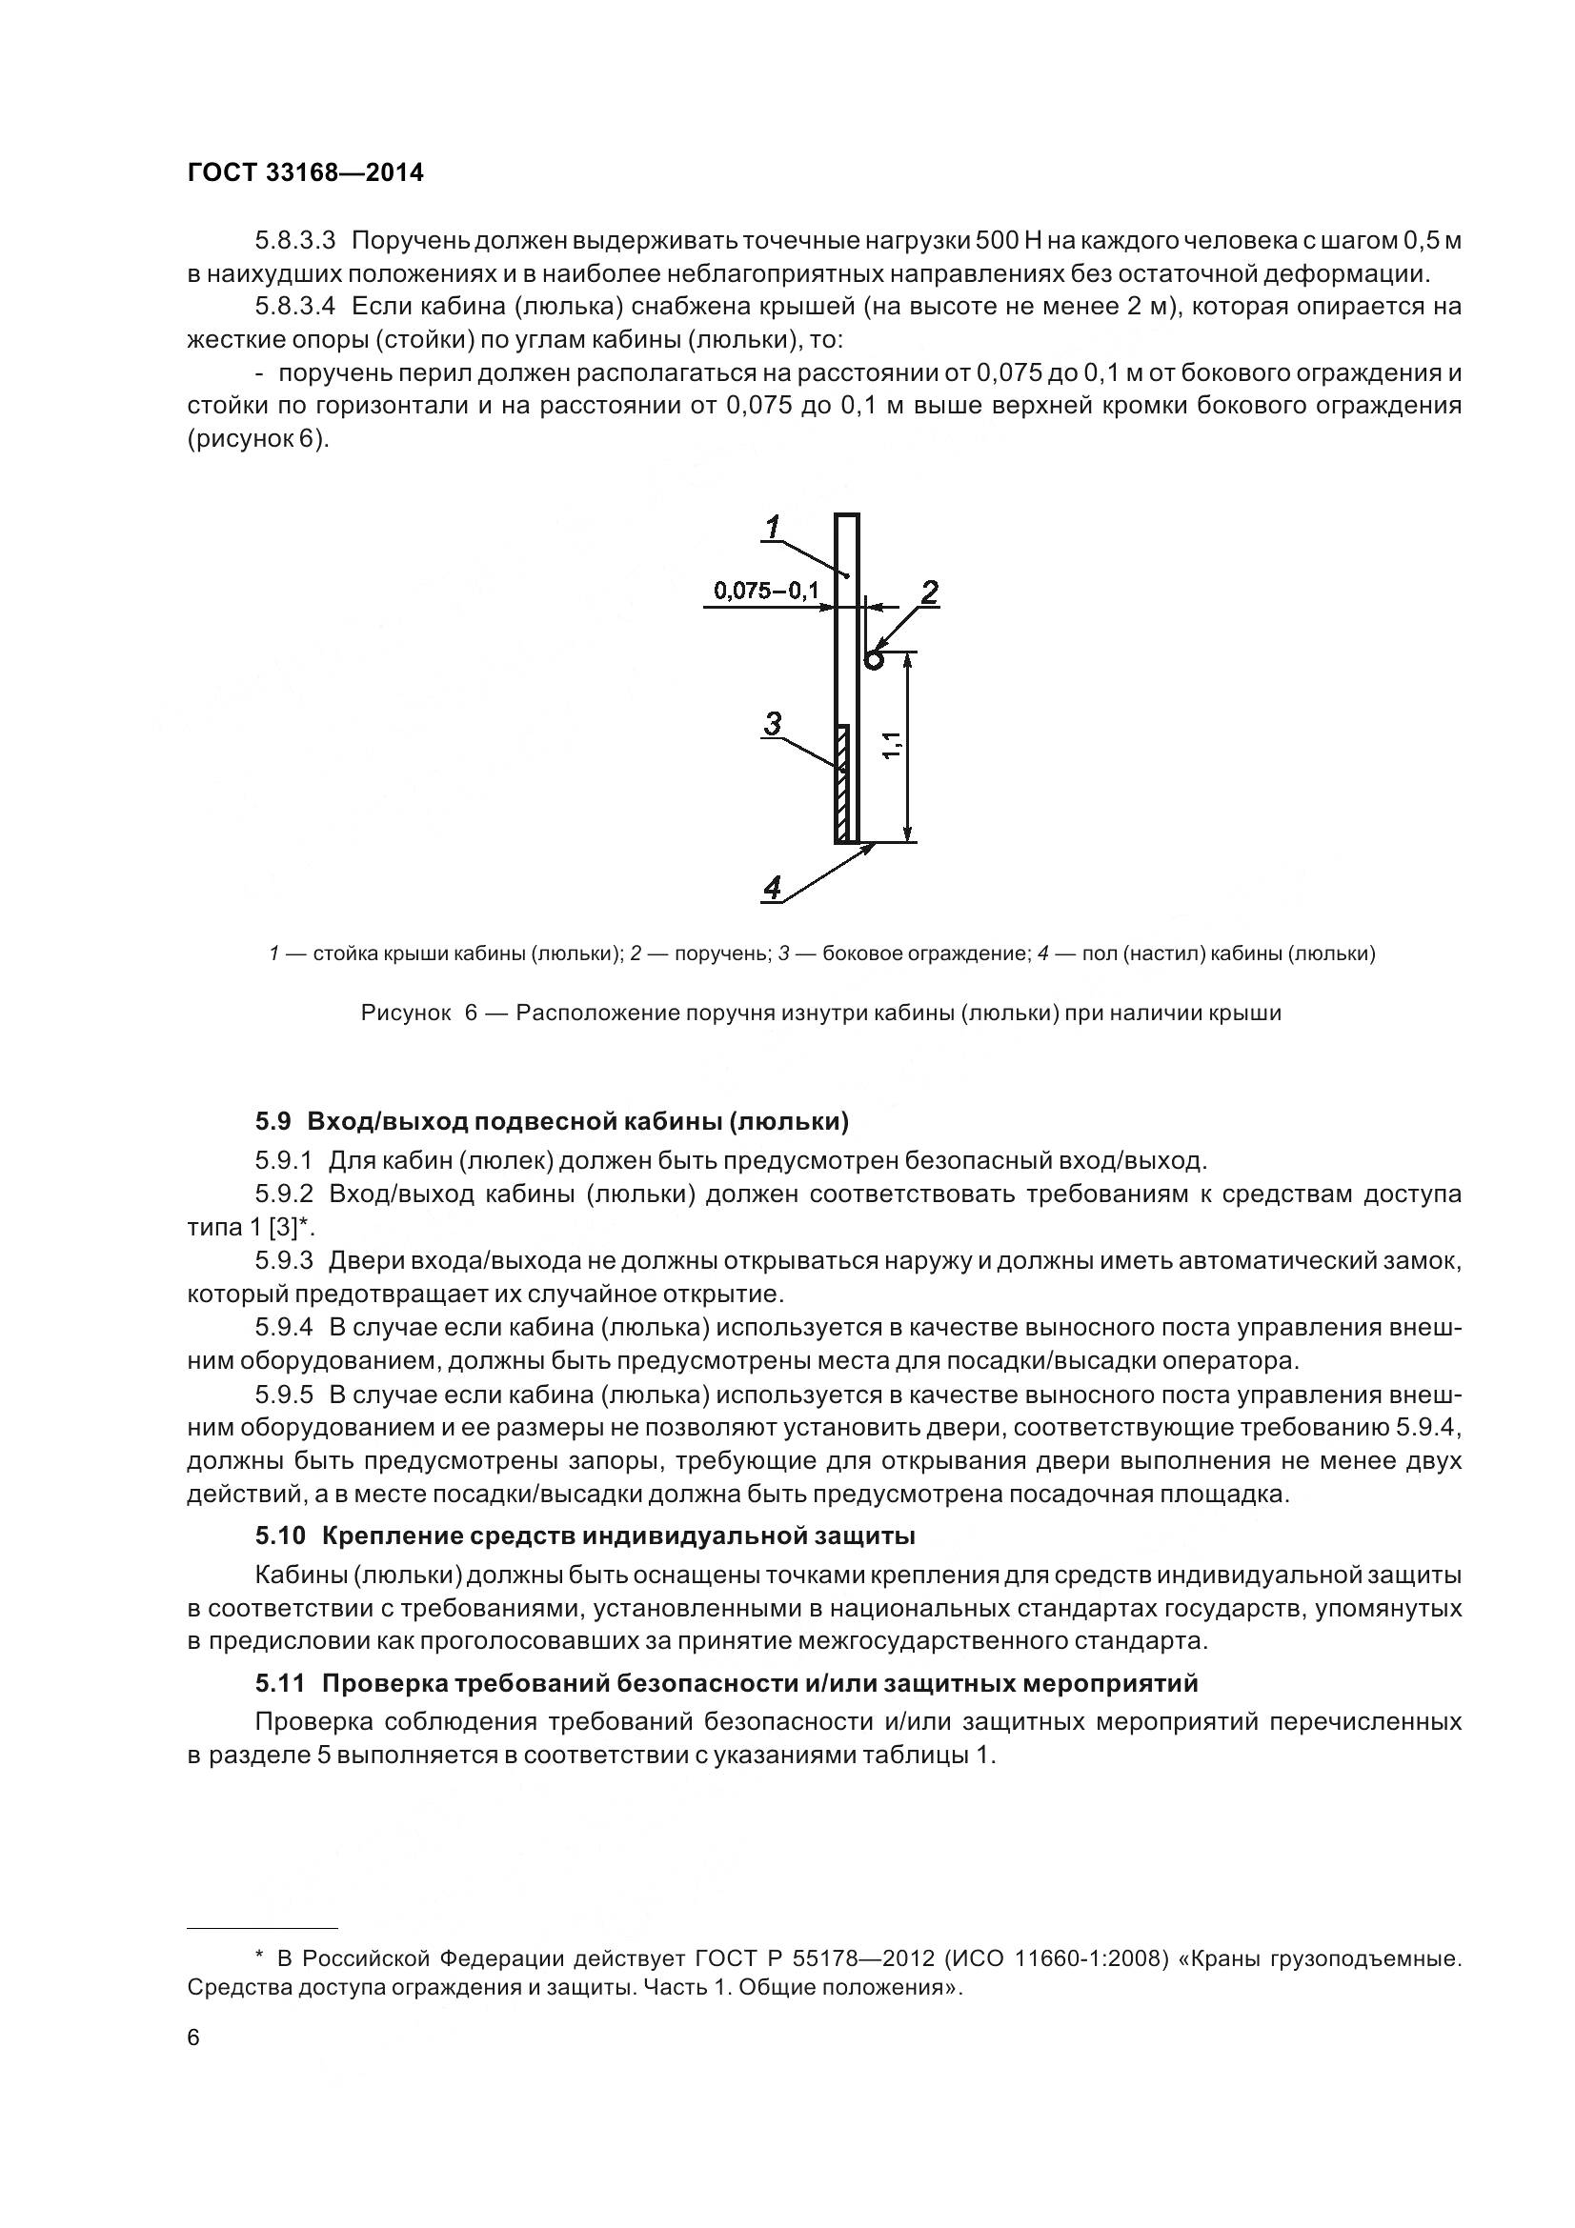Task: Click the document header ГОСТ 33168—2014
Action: pyautogui.click(x=306, y=172)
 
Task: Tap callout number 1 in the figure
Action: pyautogui.click(x=773, y=528)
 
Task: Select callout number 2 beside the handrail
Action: pyautogui.click(x=929, y=592)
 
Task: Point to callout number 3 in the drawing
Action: pyautogui.click(x=773, y=724)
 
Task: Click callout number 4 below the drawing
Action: pyautogui.click(x=773, y=888)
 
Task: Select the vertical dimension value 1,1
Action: pyautogui.click(x=893, y=745)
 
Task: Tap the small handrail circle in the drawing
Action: pyautogui.click(x=874, y=661)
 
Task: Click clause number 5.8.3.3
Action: pyautogui.click(x=295, y=241)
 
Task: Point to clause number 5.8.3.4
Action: pyautogui.click(x=295, y=307)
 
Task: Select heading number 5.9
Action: pyautogui.click(x=273, y=1122)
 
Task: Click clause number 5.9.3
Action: pyautogui.click(x=283, y=1261)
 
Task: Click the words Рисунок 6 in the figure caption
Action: pyautogui.click(x=419, y=1014)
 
